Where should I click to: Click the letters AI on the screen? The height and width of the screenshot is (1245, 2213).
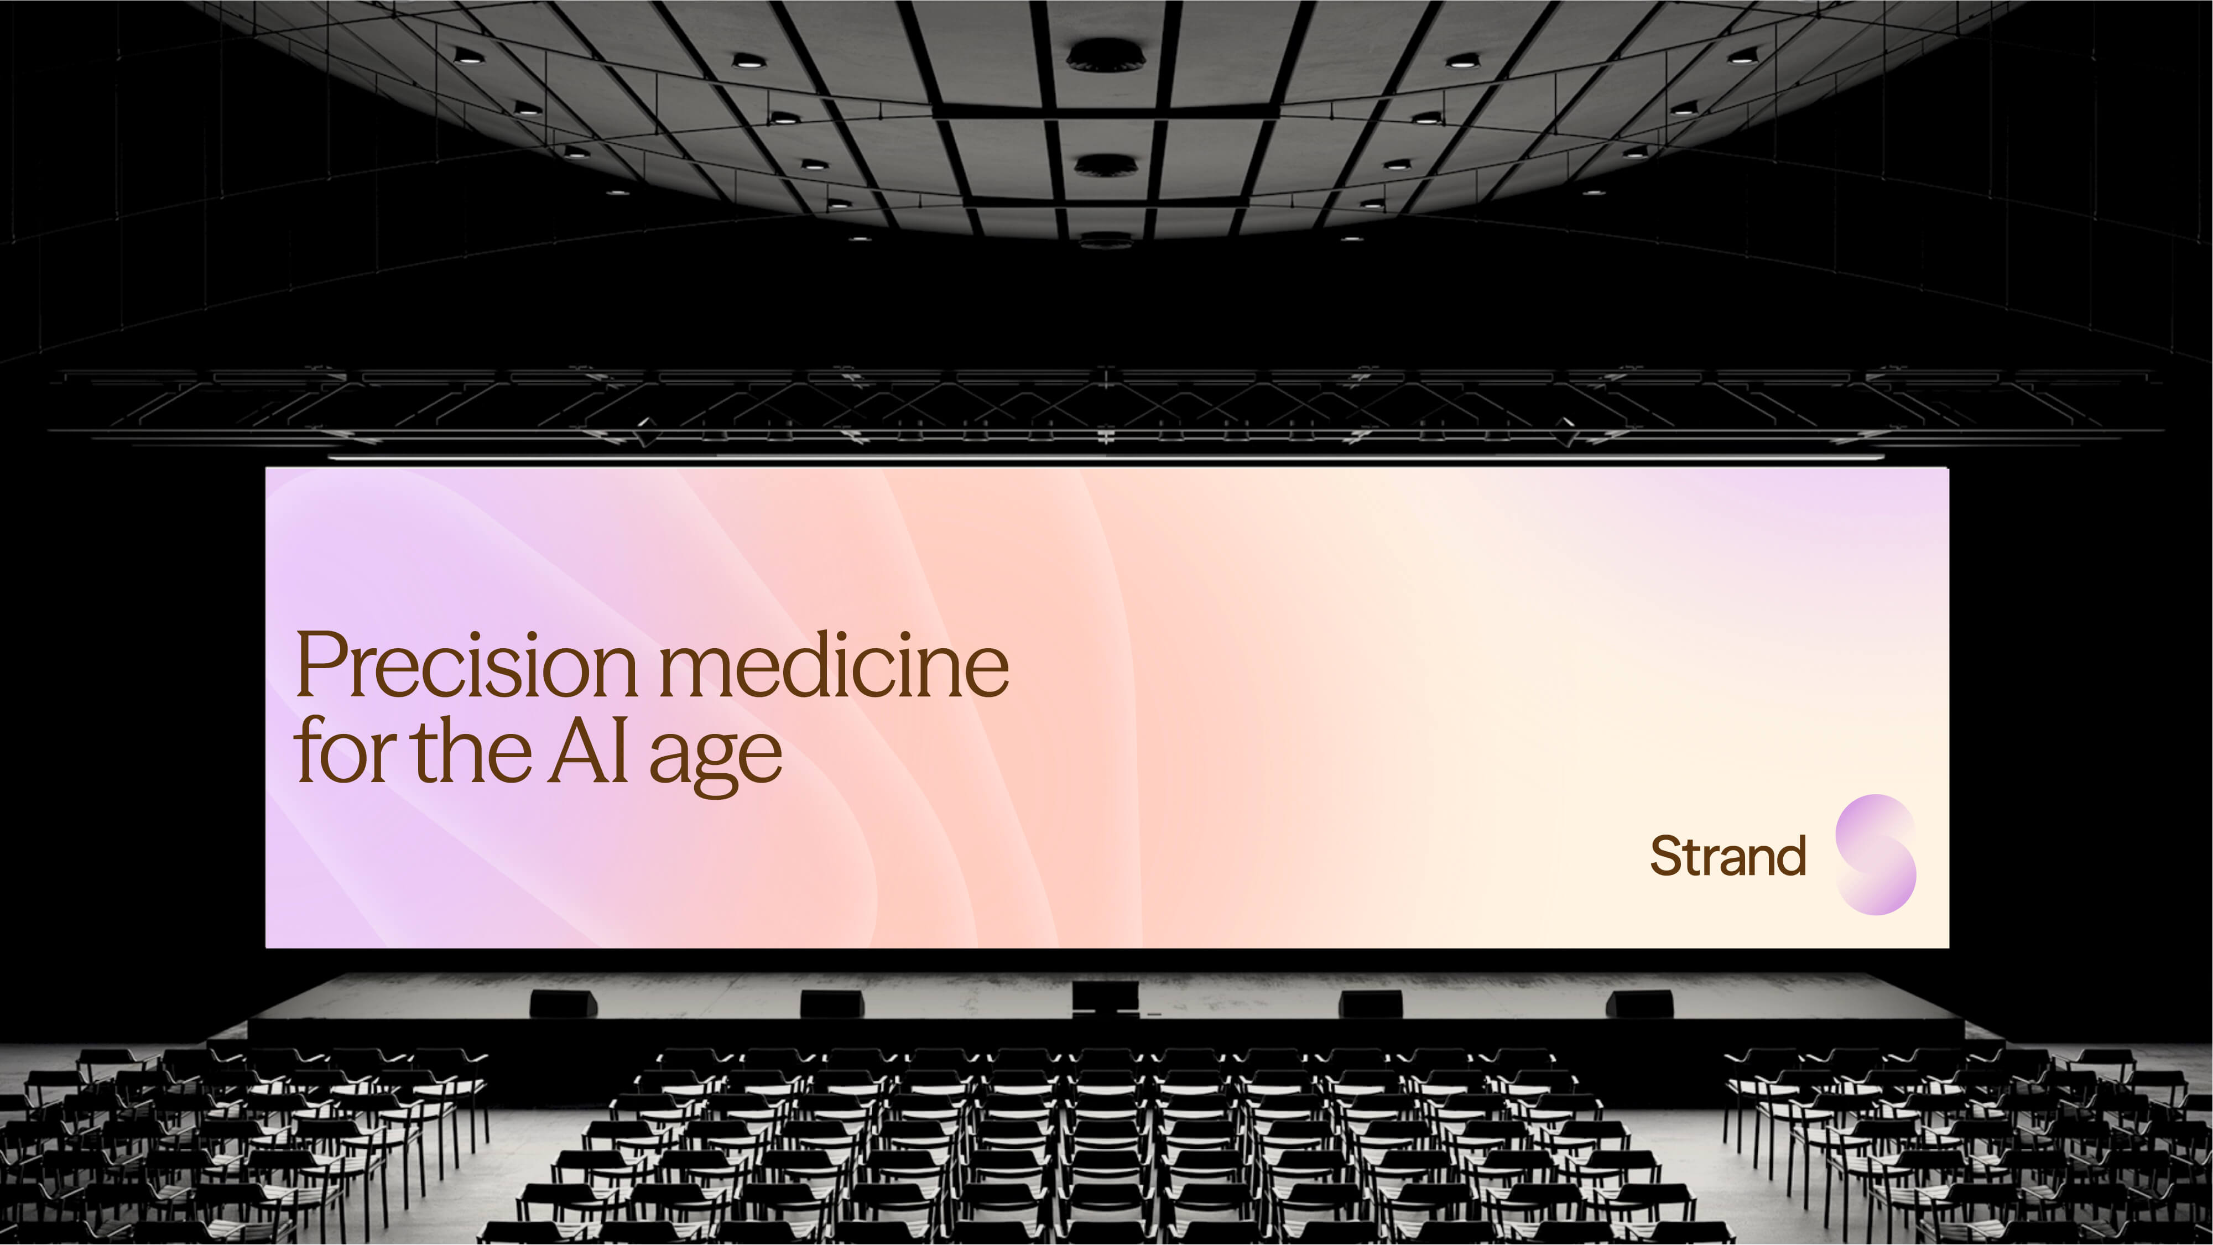click(x=589, y=750)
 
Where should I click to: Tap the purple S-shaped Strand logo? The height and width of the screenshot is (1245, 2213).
click(x=1876, y=855)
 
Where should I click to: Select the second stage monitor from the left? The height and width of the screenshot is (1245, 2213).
click(x=831, y=1003)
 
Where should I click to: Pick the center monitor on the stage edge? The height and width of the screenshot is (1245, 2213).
click(x=1106, y=998)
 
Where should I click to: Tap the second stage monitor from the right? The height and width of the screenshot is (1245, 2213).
click(x=1371, y=1003)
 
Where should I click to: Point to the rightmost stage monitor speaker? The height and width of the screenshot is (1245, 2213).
click(x=1640, y=1003)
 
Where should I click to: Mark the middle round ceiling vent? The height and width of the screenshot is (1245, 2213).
click(x=1106, y=165)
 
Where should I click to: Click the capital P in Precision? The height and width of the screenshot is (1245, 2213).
click(x=320, y=665)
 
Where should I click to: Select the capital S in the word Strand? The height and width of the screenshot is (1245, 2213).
click(x=1668, y=856)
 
